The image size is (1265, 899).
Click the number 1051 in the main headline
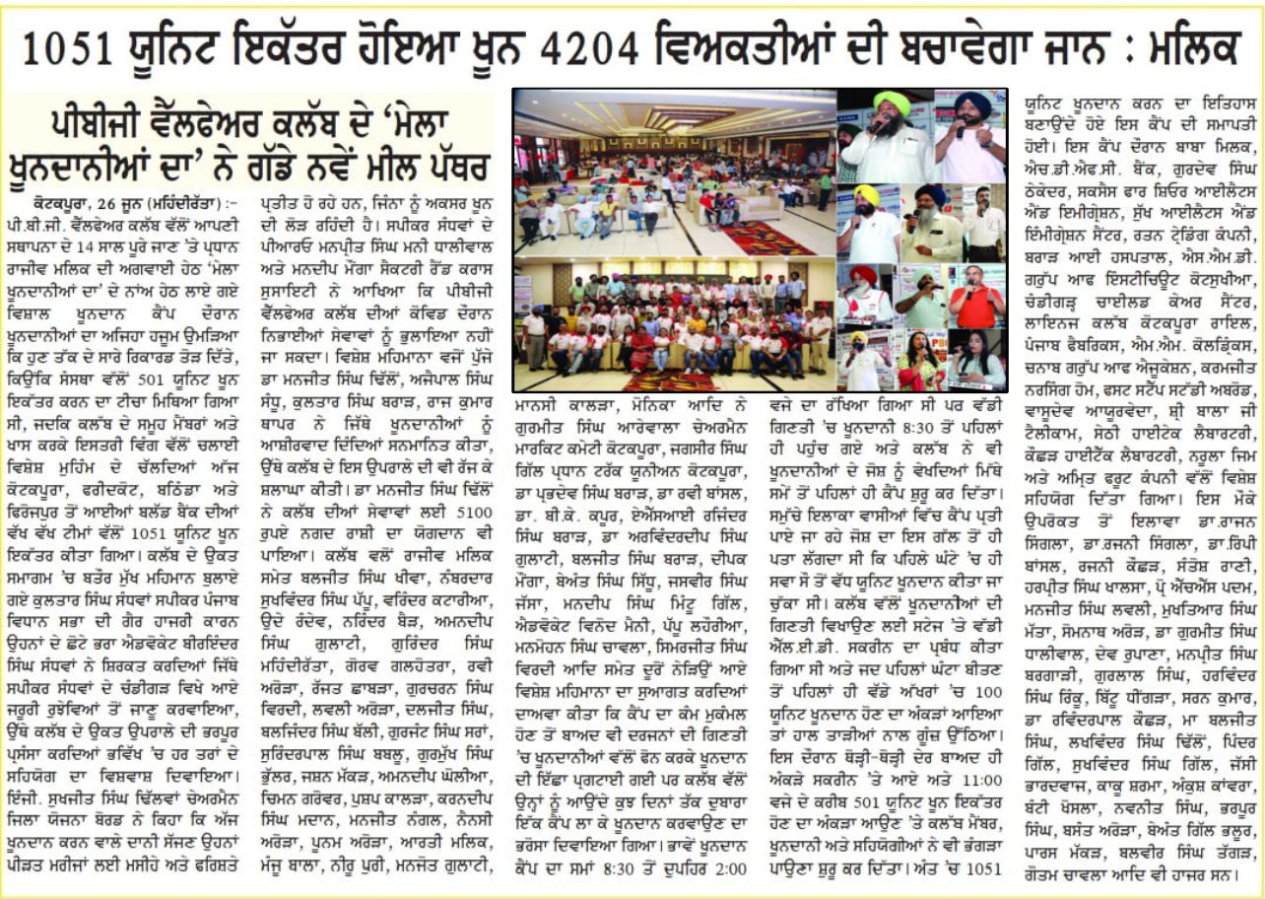[70, 47]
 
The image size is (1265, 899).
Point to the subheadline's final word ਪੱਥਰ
[444, 160]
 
